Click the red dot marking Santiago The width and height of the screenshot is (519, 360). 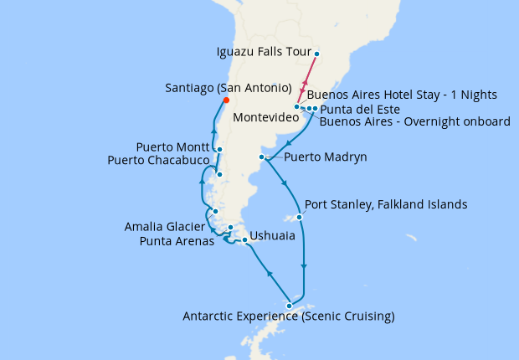(225, 102)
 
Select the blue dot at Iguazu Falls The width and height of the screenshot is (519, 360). (316, 54)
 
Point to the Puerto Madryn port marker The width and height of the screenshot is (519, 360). (263, 157)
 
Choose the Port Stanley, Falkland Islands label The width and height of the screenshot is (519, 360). (386, 204)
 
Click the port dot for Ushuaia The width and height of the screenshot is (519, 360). (244, 241)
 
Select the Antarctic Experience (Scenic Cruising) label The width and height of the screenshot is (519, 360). (289, 316)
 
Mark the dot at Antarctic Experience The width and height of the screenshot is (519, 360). (290, 305)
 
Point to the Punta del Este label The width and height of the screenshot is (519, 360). (359, 109)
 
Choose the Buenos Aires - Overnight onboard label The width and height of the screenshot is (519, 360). (415, 121)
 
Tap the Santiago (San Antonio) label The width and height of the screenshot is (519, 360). (229, 88)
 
